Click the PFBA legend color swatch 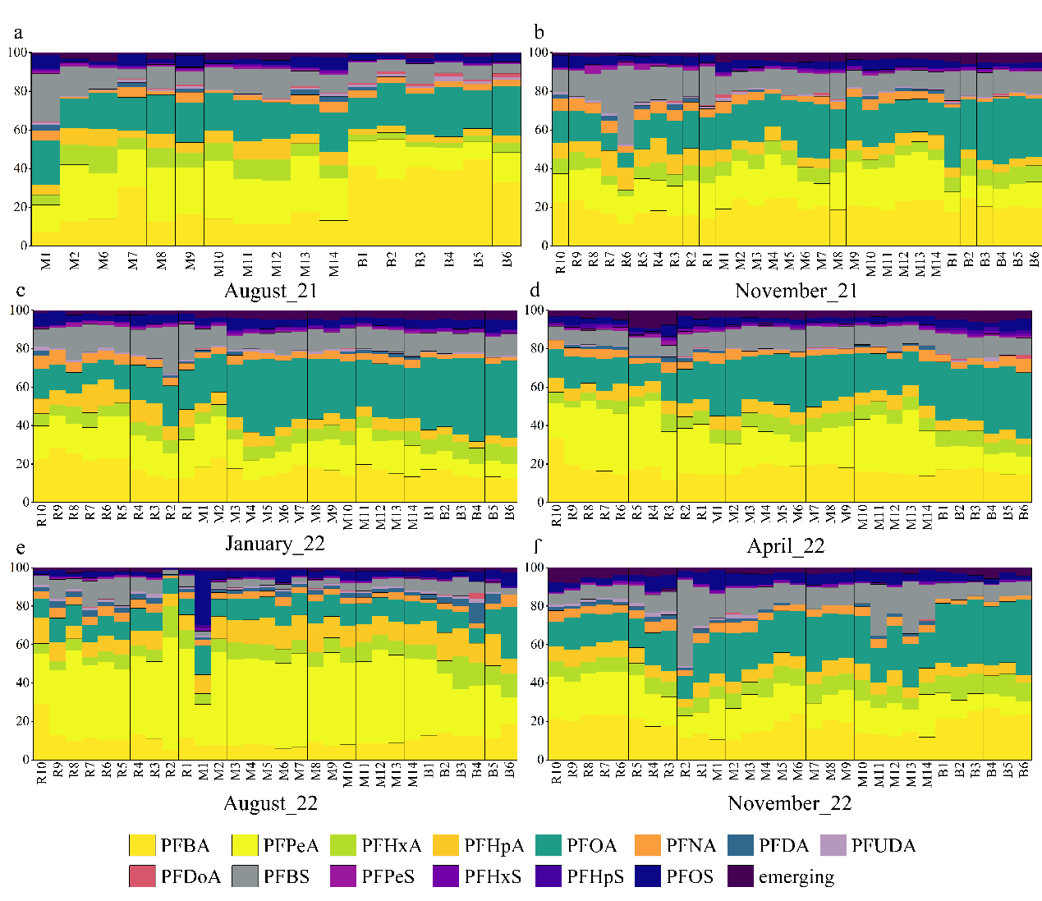click(x=142, y=845)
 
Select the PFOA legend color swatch click(x=549, y=845)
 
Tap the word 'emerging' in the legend click(x=796, y=876)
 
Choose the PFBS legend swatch click(x=245, y=876)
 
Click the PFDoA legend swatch click(x=142, y=876)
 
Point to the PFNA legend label click(x=691, y=845)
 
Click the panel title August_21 click(x=270, y=291)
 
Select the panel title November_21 click(x=796, y=291)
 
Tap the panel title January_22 click(x=274, y=544)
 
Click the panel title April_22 click(x=785, y=546)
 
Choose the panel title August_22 click(x=270, y=803)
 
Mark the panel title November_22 click(x=789, y=803)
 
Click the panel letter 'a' click(x=18, y=33)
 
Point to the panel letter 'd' click(x=535, y=290)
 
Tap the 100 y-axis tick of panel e click(x=19, y=568)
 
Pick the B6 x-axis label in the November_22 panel click(x=1023, y=771)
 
